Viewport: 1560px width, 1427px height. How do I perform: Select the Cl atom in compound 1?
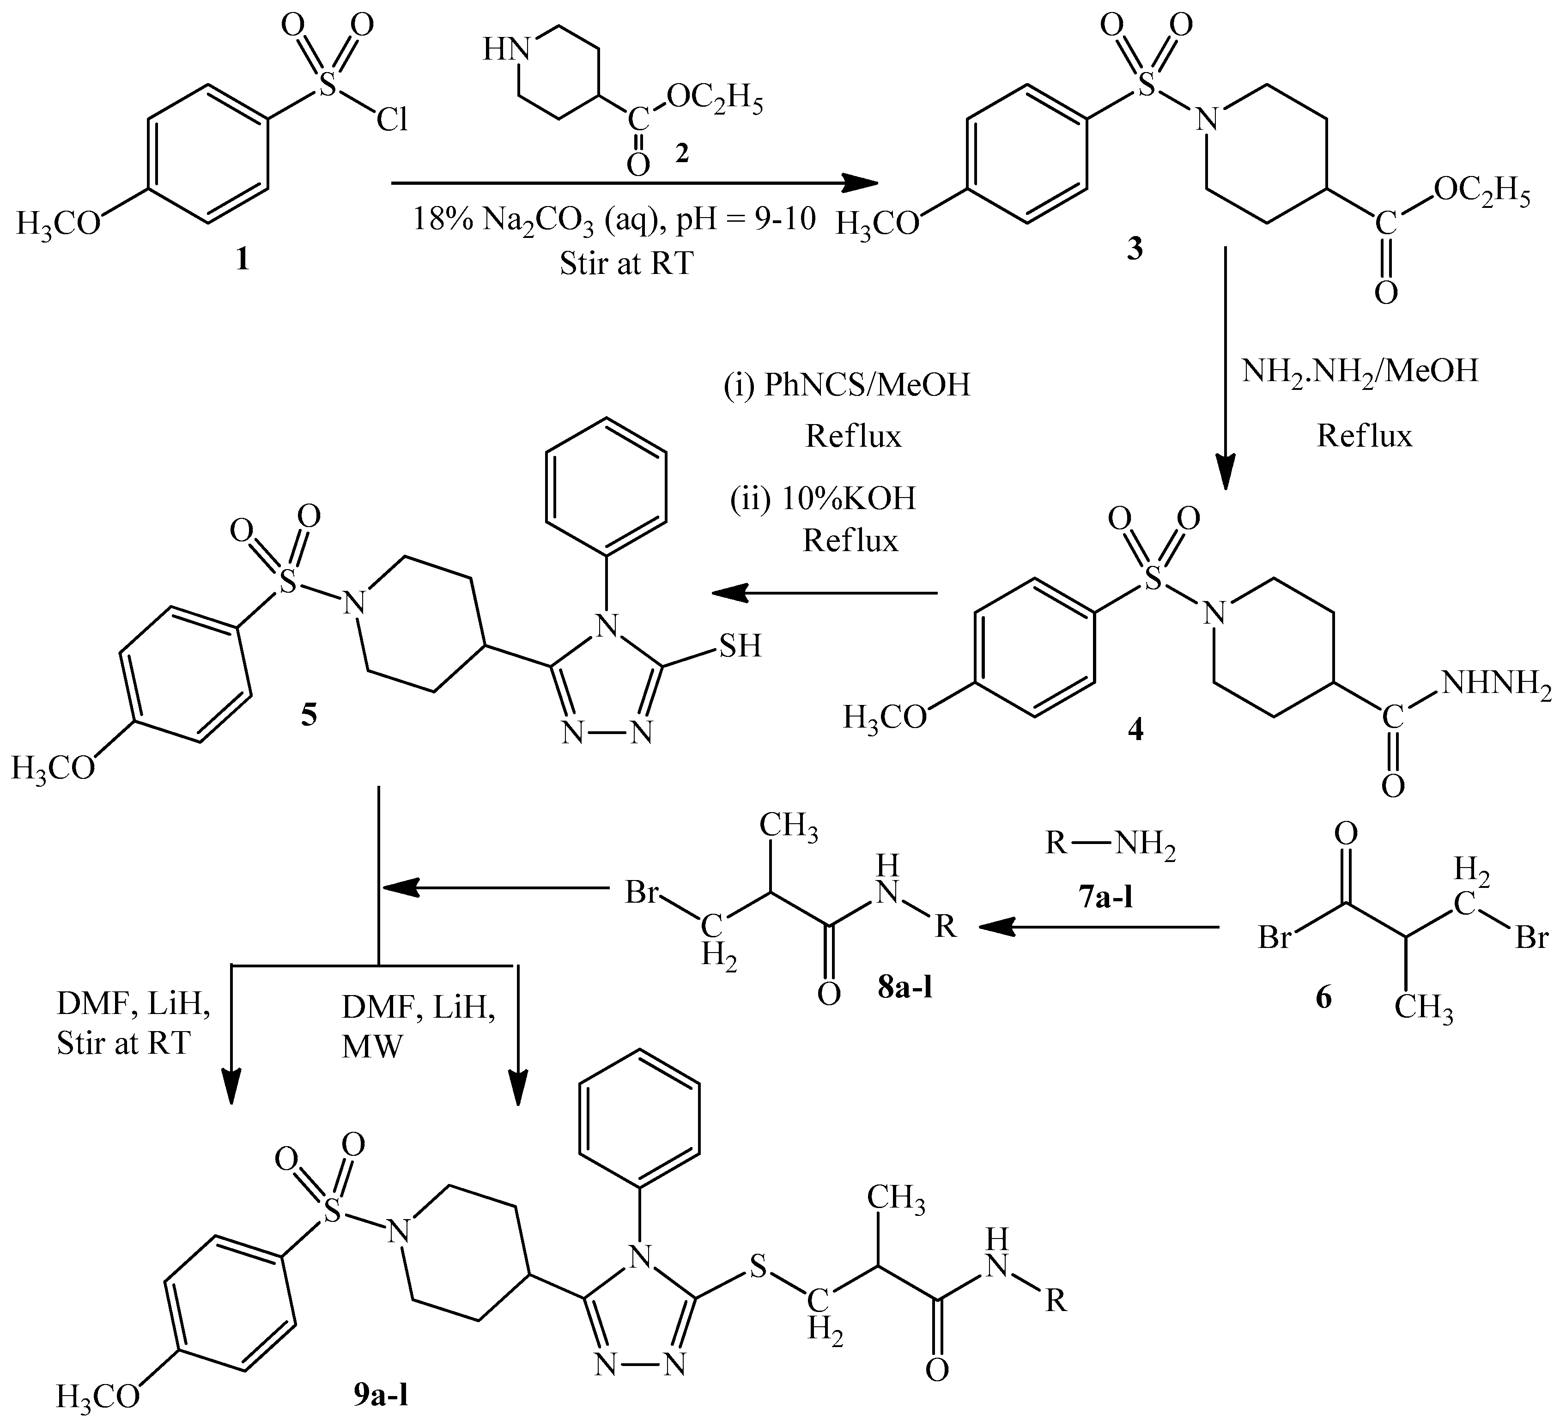[x=392, y=120]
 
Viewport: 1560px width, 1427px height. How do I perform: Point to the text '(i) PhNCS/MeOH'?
[x=847, y=385]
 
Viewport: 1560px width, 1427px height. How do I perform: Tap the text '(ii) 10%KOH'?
[x=823, y=498]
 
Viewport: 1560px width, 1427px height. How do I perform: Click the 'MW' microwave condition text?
[x=372, y=1047]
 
